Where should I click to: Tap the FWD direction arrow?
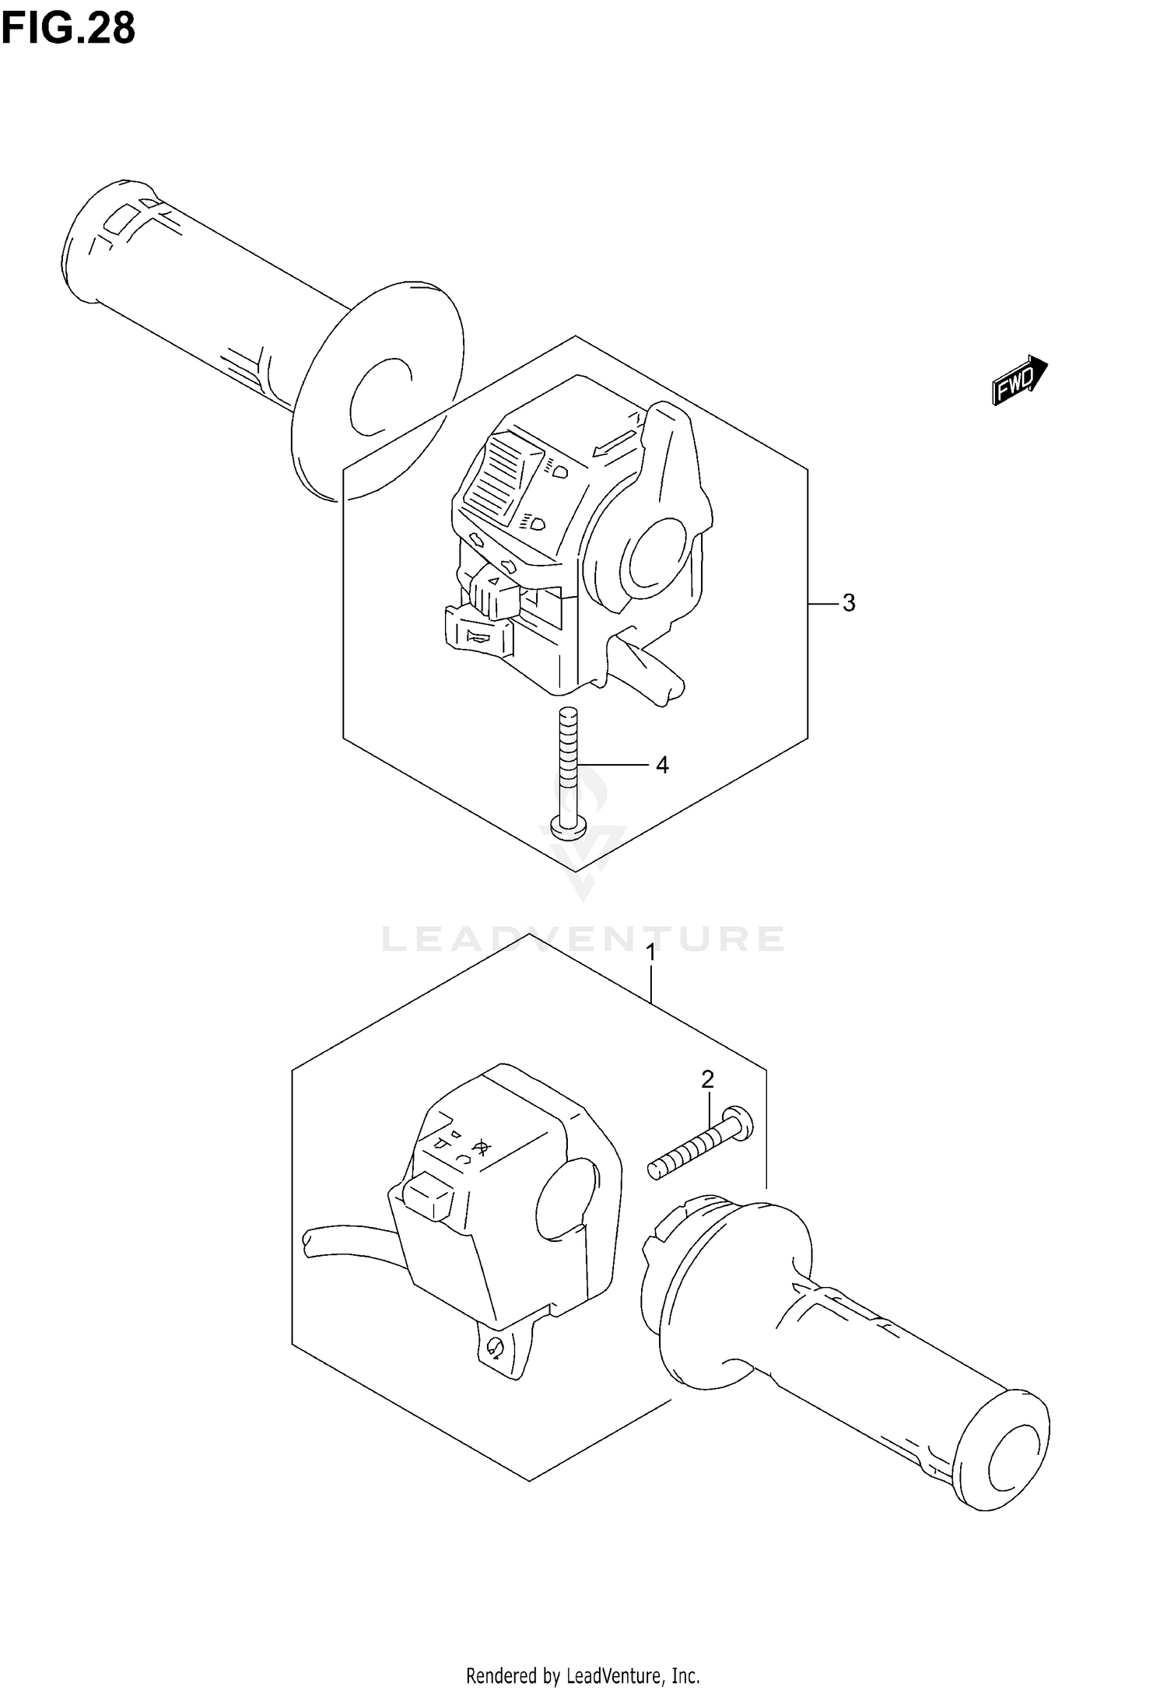[1019, 380]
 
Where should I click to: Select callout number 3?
[848, 603]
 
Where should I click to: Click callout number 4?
[661, 766]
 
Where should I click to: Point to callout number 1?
[651, 952]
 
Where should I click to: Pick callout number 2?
[707, 1079]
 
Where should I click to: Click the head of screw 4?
[569, 826]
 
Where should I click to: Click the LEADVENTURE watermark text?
[583, 939]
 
